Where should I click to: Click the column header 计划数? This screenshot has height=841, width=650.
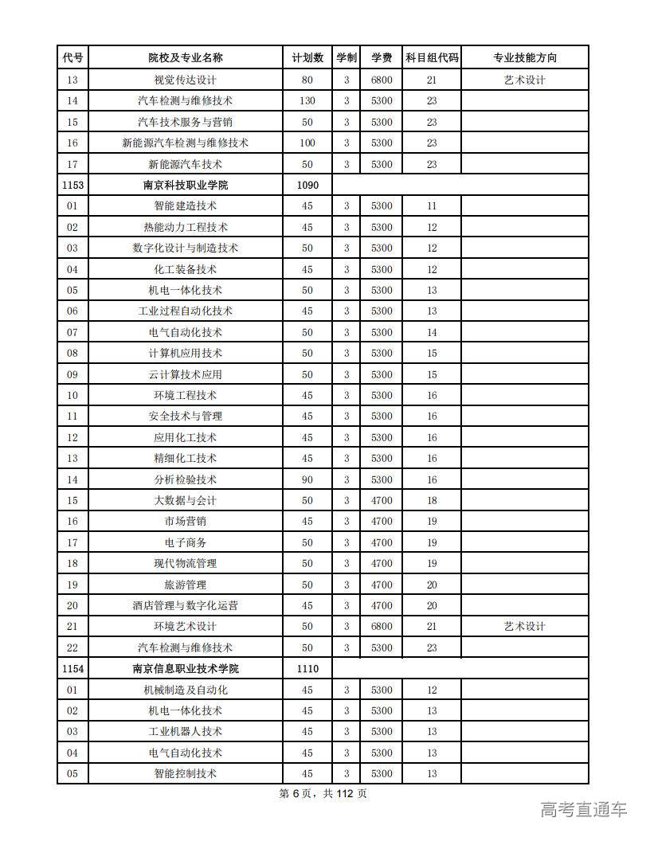(307, 58)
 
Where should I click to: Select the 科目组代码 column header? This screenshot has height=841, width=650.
(432, 58)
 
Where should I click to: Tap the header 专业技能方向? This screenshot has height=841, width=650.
(524, 58)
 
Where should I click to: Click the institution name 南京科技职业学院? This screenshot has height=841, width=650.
(186, 185)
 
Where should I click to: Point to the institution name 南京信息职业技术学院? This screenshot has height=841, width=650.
(186, 668)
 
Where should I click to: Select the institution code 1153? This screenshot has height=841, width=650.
(72, 185)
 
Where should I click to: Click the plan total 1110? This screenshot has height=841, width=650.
(307, 668)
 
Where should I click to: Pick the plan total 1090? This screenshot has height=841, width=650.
(307, 185)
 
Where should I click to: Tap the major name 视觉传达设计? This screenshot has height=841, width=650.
(186, 80)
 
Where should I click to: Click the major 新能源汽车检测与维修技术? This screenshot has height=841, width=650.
(186, 143)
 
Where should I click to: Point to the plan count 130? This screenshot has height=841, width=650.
(307, 100)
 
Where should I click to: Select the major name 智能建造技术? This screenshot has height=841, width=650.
(186, 205)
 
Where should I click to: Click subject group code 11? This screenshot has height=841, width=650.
(432, 205)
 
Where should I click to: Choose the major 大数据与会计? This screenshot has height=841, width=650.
(186, 500)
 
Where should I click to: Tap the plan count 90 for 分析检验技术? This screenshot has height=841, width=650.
(307, 479)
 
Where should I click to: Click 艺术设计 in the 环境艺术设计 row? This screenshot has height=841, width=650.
(524, 626)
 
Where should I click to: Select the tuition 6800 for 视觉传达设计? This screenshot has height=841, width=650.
(382, 80)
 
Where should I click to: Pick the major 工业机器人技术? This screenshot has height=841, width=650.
(186, 731)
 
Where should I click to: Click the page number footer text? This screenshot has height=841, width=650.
(323, 793)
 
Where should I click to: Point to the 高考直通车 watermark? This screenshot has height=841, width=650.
(584, 810)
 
